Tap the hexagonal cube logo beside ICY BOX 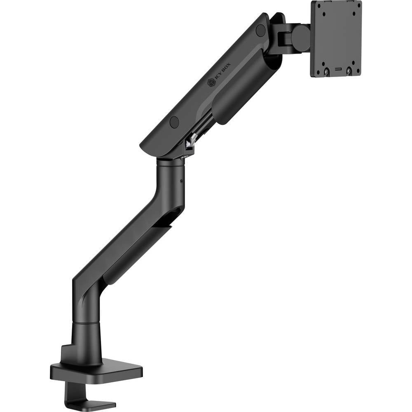coord(211,83)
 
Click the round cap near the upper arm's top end coord(260,30)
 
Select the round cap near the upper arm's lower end coord(174,122)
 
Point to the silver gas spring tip coord(190,142)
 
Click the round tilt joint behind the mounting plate coord(300,38)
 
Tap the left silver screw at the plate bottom coord(326,71)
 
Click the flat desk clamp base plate coord(99,371)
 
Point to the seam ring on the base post coord(86,323)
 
